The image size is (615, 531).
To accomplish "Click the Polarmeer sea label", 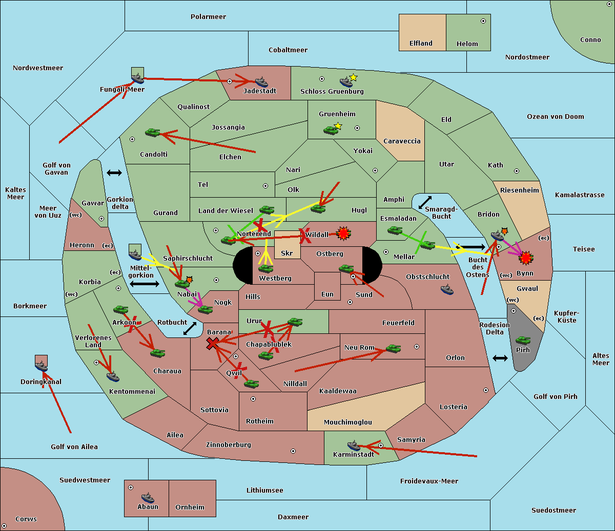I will click(208, 17).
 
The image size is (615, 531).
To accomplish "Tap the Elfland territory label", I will click(421, 44).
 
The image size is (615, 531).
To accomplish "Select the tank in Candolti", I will click(152, 133).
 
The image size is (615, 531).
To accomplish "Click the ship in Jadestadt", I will click(261, 82).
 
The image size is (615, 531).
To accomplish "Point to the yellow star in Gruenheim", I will click(338, 125).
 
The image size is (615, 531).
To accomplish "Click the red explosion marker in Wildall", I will click(343, 234).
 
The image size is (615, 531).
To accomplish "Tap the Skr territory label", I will click(286, 253).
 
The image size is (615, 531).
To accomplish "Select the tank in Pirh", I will click(523, 341).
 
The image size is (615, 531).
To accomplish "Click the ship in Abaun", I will click(148, 498).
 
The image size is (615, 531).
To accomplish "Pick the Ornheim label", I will click(190, 507).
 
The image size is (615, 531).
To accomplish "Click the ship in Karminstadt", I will click(354, 445).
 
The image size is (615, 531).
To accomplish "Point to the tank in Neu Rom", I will click(393, 349).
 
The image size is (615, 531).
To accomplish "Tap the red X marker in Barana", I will click(213, 343).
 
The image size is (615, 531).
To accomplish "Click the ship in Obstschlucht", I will click(447, 290).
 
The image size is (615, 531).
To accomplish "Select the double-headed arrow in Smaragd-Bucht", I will click(425, 202).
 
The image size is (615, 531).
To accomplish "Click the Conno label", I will click(590, 40).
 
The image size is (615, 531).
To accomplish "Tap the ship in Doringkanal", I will click(41, 366).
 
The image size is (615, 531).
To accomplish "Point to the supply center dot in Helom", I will click(483, 21).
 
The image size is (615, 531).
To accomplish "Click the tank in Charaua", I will click(157, 353).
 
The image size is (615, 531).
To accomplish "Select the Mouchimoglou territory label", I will click(347, 422).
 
